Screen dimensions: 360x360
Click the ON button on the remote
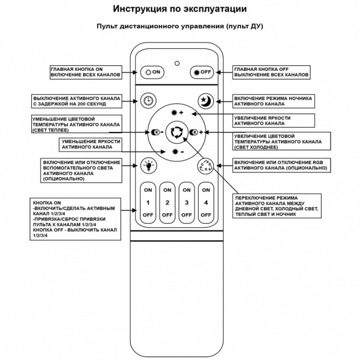point(152,72)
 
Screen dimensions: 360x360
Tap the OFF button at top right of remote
point(202,72)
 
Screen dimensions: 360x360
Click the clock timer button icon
point(147,101)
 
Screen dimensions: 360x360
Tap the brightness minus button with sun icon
point(177,151)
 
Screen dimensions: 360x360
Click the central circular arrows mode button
point(177,131)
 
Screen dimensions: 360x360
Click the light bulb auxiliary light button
point(147,165)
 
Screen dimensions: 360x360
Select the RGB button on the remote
point(205,166)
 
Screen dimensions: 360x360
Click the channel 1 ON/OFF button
point(147,202)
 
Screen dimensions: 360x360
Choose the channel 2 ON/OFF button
point(167,202)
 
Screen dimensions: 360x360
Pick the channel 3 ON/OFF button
point(186,202)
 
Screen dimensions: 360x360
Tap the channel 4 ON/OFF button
point(206,202)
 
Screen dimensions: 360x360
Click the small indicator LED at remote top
point(177,62)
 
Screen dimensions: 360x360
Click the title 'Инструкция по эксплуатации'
point(180,10)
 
